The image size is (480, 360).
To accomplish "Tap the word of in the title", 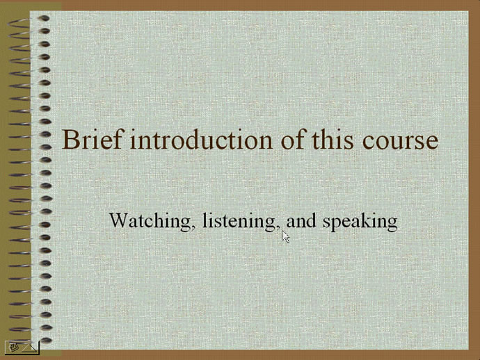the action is pos(292,140).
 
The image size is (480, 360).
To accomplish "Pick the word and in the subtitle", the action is pos(301,220).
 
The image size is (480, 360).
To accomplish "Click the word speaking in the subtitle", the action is pos(360,221).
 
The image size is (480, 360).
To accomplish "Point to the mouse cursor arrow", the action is pos(286,237).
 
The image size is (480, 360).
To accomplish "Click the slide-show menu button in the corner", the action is pos(22,347).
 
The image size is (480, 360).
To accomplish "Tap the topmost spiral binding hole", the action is pos(45,19).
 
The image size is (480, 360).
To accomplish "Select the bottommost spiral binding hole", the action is pos(46,340).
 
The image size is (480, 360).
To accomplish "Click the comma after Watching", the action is pos(193,228).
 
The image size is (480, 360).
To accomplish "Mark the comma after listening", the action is pos(278,228).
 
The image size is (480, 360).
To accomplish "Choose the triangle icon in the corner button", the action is pos(30,347).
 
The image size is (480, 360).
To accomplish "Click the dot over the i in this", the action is pos(341,130).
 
